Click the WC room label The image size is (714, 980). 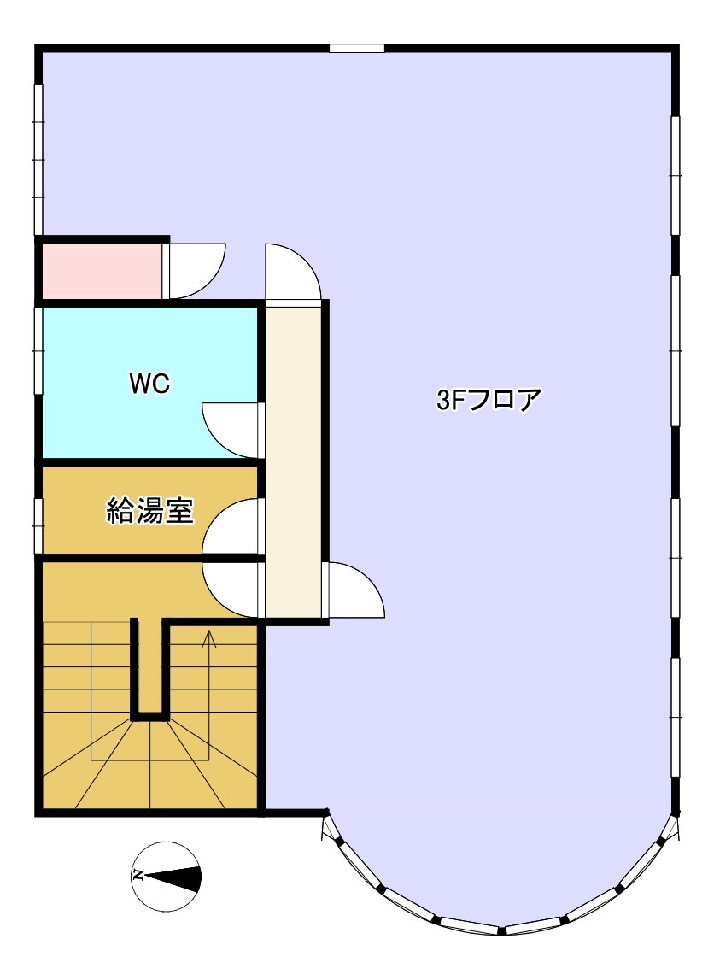click(x=149, y=383)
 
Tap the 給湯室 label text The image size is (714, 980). click(x=150, y=511)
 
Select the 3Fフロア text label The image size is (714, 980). click(x=488, y=400)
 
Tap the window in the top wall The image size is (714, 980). click(x=357, y=48)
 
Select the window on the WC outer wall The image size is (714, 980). click(x=38, y=350)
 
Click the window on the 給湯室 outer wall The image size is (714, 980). click(x=38, y=525)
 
